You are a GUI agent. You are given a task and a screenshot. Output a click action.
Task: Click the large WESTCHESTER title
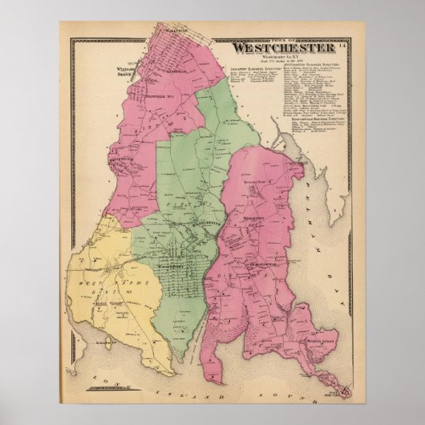pyautogui.click(x=284, y=47)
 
